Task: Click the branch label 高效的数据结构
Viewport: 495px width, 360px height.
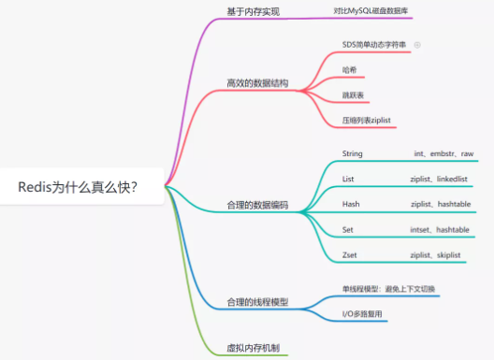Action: [257, 83]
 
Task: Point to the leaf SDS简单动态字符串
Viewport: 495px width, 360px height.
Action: [374, 44]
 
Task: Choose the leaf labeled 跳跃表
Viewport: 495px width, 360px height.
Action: [353, 95]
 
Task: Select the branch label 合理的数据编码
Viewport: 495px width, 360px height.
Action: [257, 204]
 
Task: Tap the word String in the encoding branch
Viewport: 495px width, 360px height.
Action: [353, 153]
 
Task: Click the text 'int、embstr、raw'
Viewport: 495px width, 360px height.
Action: [444, 153]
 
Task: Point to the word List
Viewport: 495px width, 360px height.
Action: [348, 178]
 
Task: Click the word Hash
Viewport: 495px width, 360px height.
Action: [351, 204]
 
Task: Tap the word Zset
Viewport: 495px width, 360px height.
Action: [351, 254]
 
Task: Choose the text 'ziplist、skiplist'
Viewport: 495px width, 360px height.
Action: [438, 254]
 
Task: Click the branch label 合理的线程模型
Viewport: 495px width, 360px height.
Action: [257, 302]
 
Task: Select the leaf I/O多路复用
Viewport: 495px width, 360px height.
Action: [363, 313]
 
